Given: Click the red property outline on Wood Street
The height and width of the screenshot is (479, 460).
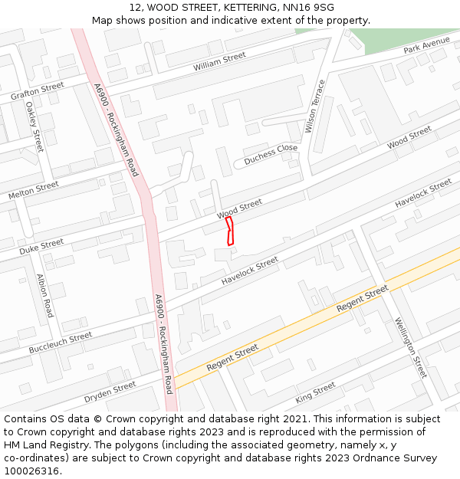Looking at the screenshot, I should click(229, 231).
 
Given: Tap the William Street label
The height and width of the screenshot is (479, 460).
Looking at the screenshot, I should click(219, 61).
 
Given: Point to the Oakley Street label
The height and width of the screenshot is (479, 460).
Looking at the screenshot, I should click(35, 126).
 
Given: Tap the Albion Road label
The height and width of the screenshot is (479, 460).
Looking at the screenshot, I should click(44, 296).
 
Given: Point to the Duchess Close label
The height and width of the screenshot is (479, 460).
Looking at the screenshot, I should click(271, 155).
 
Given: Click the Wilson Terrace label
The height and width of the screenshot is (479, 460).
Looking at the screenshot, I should click(315, 107).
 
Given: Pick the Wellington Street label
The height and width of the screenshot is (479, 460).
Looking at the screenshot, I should click(410, 347).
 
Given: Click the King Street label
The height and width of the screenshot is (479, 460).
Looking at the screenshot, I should click(315, 393).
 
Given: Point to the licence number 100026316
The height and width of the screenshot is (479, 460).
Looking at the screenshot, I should click(32, 471).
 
